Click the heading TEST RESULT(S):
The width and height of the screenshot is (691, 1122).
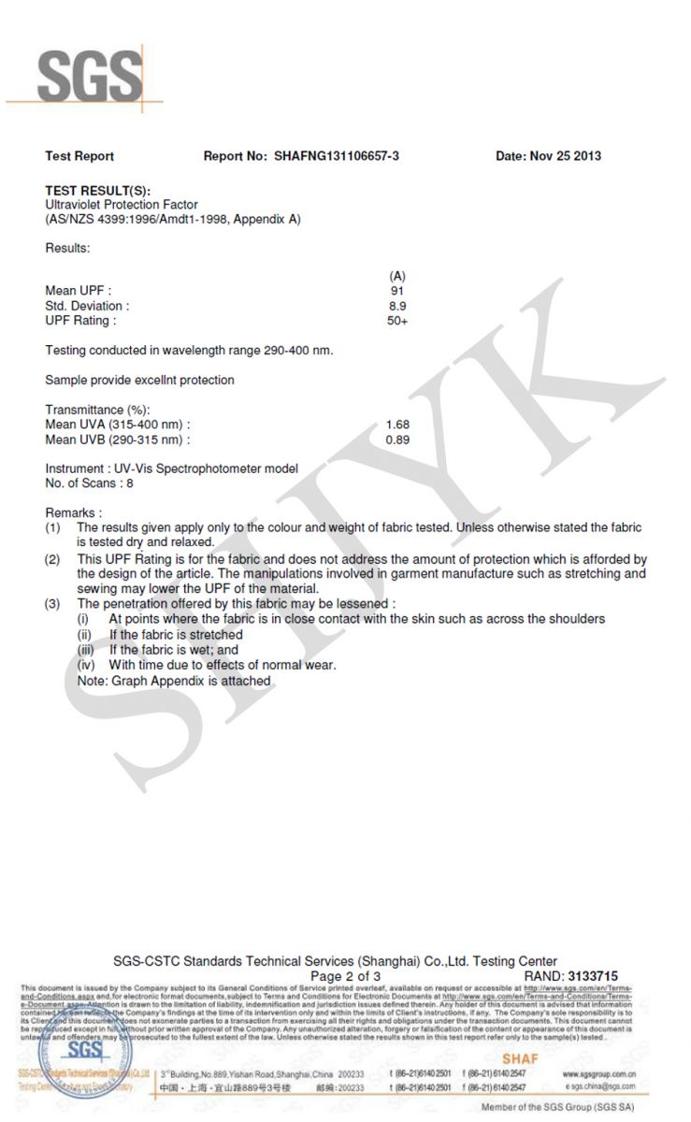(97, 191)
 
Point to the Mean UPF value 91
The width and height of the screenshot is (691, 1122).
(397, 291)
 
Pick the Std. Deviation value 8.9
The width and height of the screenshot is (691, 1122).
(397, 306)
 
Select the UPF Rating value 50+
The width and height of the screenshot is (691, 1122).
(397, 321)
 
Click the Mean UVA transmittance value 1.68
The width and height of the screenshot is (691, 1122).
(397, 424)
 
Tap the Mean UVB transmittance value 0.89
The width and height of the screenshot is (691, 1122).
(397, 439)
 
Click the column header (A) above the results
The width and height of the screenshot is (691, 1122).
(397, 276)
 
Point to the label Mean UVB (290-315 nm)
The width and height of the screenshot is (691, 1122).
(117, 439)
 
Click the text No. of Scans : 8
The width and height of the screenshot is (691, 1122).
(90, 483)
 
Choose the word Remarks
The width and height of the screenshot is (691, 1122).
(70, 513)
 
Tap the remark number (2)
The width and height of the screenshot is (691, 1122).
(53, 559)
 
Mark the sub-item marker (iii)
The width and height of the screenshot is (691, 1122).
(86, 650)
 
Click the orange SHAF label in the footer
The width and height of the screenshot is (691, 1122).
(520, 1057)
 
